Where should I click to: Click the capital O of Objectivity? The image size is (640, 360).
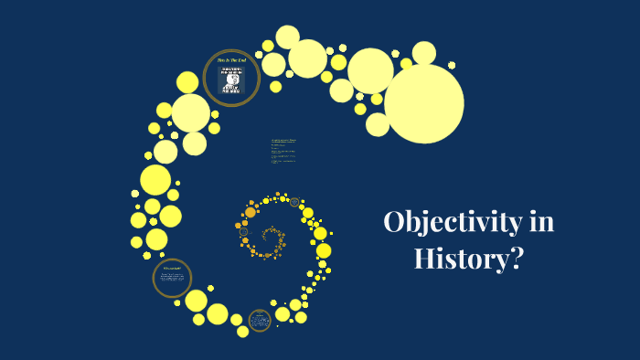coord(396,222)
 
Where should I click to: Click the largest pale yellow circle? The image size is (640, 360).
coord(423,103)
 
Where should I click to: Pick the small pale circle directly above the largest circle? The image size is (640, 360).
coord(423,53)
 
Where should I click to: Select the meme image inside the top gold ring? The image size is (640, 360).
coord(232,79)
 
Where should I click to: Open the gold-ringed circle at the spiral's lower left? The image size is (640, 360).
coord(172,278)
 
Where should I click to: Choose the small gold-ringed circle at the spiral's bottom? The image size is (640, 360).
coord(260,319)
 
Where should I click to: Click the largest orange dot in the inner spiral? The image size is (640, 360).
coord(250,212)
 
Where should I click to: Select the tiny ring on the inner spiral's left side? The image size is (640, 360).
coord(244,232)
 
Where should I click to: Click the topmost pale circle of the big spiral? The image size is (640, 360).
coord(288,37)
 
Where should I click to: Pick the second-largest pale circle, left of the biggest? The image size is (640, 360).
coord(370,70)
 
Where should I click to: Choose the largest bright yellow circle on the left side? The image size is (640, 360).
coord(155,179)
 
